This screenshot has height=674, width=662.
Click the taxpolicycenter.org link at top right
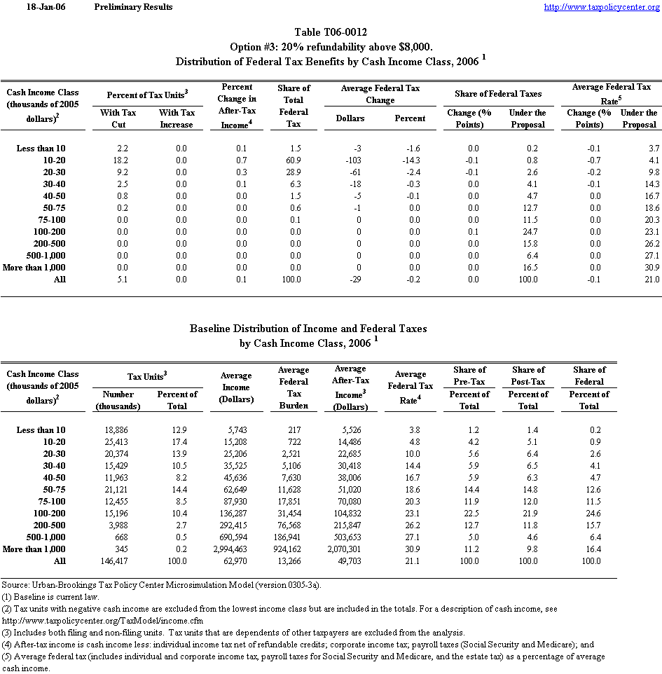point(601,7)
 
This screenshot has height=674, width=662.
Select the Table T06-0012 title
point(331,32)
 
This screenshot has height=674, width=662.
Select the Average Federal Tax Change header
point(380,94)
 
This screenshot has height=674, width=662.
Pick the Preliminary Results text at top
point(133,7)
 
